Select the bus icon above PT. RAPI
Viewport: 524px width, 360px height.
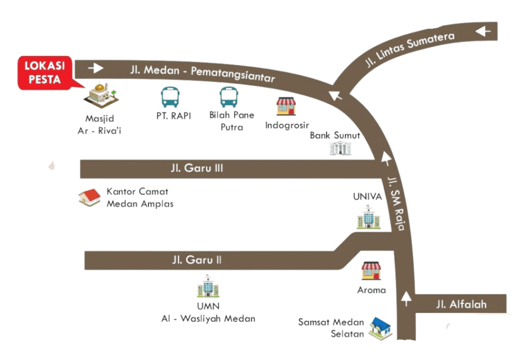(x=170, y=97)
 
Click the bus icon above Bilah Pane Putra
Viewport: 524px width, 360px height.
(x=229, y=97)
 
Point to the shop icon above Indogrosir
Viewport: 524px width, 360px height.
(x=287, y=106)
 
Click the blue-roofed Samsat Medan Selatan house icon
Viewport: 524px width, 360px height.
(x=380, y=328)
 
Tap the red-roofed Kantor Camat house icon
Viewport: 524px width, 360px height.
(x=90, y=197)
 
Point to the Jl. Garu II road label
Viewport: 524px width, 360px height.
(x=197, y=260)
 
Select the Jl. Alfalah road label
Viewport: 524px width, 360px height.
(x=461, y=305)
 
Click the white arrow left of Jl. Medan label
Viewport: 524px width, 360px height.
(x=95, y=67)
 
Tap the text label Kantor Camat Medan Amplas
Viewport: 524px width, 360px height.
(x=140, y=198)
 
